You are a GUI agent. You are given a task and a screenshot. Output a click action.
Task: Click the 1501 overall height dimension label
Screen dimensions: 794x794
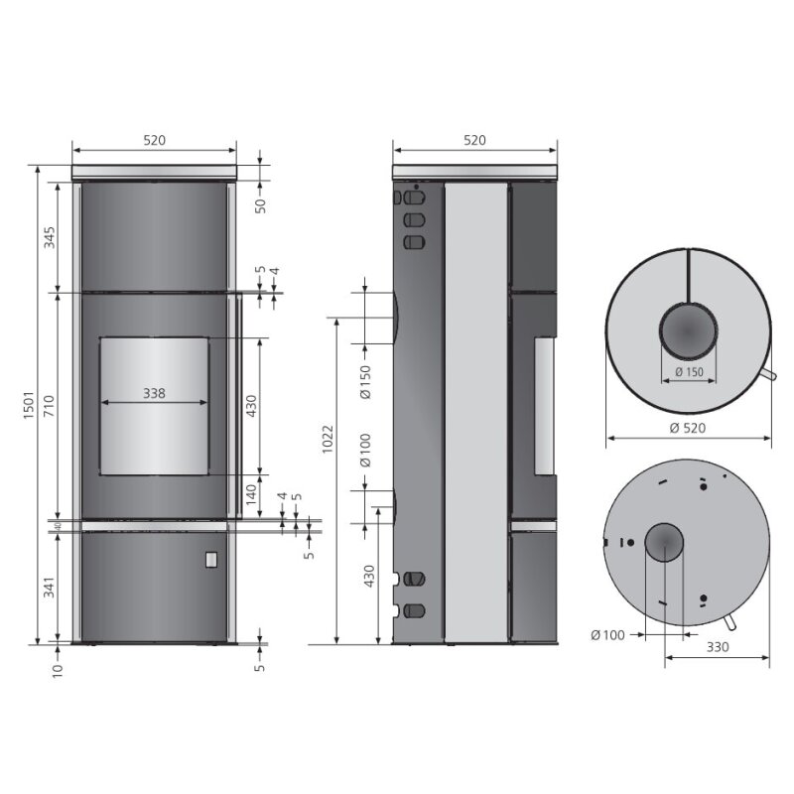(x=29, y=404)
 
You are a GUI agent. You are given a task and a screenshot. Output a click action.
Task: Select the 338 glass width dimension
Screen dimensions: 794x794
(x=154, y=393)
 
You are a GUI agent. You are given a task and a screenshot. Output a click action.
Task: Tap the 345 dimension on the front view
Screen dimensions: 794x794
(x=49, y=237)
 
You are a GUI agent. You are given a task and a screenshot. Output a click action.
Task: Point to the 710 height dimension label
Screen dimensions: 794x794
(x=49, y=407)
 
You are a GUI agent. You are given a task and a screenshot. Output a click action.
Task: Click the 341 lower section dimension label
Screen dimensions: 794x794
(x=49, y=587)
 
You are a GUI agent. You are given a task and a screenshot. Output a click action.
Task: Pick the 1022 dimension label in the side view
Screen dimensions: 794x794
(x=329, y=439)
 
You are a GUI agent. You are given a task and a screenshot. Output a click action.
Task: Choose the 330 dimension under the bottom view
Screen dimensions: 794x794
(x=718, y=647)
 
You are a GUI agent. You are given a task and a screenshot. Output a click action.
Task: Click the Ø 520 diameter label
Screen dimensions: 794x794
(x=687, y=428)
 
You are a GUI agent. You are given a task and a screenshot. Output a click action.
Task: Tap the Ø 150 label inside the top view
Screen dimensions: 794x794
(x=689, y=371)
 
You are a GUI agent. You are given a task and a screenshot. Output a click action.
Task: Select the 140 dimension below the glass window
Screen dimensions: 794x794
(x=251, y=494)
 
